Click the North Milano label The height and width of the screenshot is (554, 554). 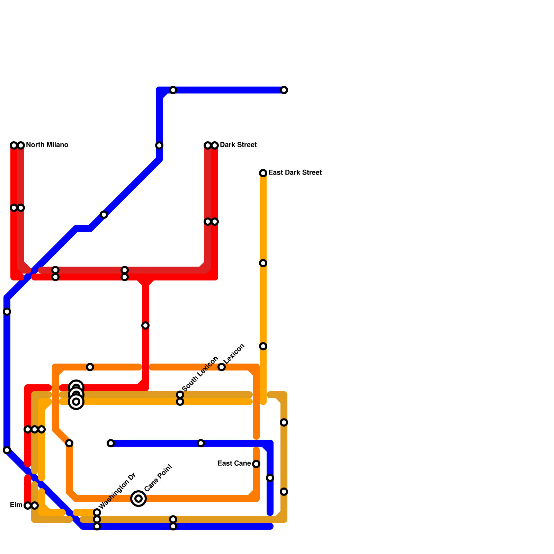tap(47, 145)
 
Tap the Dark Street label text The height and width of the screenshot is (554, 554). tap(238, 145)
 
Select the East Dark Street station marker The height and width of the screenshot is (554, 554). tap(263, 173)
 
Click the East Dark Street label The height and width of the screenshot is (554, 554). tap(295, 172)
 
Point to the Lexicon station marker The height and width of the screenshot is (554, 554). tap(222, 367)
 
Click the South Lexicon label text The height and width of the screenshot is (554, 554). tap(200, 373)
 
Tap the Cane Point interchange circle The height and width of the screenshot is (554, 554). tap(138, 499)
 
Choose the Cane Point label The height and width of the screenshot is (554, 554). tap(158, 478)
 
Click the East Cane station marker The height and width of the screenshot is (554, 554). tap(256, 464)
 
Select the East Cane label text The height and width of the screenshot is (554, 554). tap(234, 463)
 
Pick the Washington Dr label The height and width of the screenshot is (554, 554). tap(117, 491)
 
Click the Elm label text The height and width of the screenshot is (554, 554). tap(16, 505)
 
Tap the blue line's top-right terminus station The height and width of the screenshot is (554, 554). tap(284, 90)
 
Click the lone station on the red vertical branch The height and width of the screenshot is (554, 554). tap(145, 325)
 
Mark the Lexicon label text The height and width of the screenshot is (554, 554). tap(234, 354)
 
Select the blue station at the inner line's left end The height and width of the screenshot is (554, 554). tap(111, 443)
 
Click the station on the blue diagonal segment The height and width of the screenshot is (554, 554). tap(104, 215)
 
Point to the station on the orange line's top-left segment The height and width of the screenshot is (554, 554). tap(90, 367)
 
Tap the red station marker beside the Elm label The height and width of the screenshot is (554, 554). tap(28, 506)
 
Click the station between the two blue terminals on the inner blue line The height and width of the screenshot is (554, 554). tap(201, 443)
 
